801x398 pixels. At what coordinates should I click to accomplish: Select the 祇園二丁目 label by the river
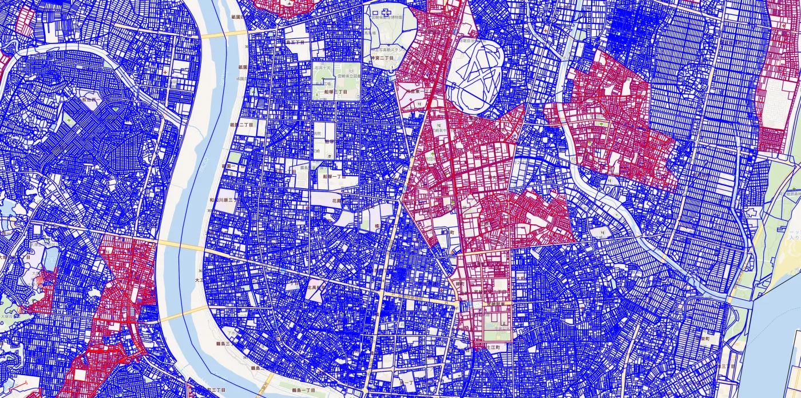tap(241, 125)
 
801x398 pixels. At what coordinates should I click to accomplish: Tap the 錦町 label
tap(459, 284)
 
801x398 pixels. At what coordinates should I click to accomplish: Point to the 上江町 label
tap(492, 347)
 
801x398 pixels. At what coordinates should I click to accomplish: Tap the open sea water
tap(778, 343)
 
